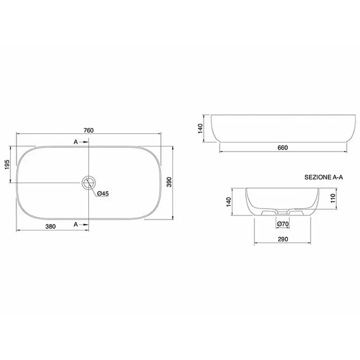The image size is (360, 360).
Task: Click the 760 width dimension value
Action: point(89,130)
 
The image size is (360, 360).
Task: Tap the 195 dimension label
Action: point(7,165)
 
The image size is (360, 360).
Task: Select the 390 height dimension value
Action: point(169,182)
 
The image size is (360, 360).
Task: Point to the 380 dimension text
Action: point(50,227)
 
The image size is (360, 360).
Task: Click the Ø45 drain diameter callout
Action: point(103,193)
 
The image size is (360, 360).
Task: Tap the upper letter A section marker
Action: point(76,142)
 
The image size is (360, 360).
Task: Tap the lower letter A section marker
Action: point(76,224)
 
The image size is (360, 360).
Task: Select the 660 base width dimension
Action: point(283,148)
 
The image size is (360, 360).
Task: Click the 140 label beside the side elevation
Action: point(200,129)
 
